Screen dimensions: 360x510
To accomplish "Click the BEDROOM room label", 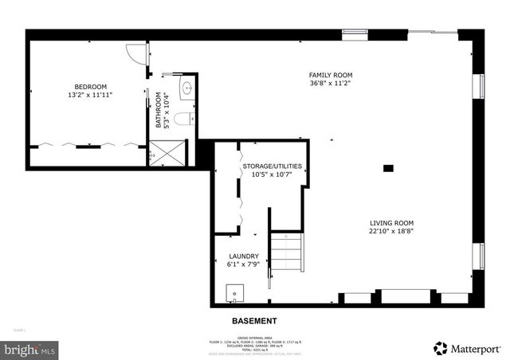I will [x=90, y=87].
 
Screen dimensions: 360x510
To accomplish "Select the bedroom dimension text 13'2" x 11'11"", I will [x=90, y=95].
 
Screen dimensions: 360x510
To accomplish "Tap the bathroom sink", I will [x=187, y=88].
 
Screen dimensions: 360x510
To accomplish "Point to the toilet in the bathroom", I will [x=182, y=119].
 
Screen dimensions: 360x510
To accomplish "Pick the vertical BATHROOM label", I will [x=159, y=112].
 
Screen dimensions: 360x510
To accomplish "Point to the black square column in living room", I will [x=388, y=167].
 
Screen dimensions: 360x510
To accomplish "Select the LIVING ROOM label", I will [x=391, y=223].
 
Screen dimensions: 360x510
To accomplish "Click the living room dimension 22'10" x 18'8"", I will [x=391, y=231].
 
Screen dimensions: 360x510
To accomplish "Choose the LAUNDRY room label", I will [x=244, y=256].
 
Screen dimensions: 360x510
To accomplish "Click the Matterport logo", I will [x=468, y=347].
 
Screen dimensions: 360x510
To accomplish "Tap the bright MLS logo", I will [x=29, y=349].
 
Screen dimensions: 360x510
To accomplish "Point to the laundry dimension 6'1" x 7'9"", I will [x=244, y=264].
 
